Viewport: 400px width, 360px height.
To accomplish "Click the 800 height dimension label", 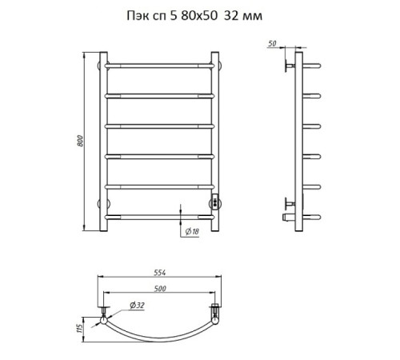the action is click(x=80, y=141).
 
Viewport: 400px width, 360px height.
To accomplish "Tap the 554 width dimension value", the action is click(x=160, y=273).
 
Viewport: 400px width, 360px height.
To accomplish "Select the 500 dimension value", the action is click(x=160, y=289).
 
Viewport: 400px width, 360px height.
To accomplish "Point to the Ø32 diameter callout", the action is click(x=137, y=305).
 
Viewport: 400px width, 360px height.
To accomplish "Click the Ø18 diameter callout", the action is click(x=192, y=231).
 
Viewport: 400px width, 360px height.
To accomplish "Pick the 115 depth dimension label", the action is click(x=79, y=328).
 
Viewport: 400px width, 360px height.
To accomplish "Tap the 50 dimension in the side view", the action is click(x=272, y=43).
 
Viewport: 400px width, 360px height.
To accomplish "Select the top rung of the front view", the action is click(x=160, y=66).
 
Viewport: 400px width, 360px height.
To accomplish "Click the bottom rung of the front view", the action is click(x=160, y=218).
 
